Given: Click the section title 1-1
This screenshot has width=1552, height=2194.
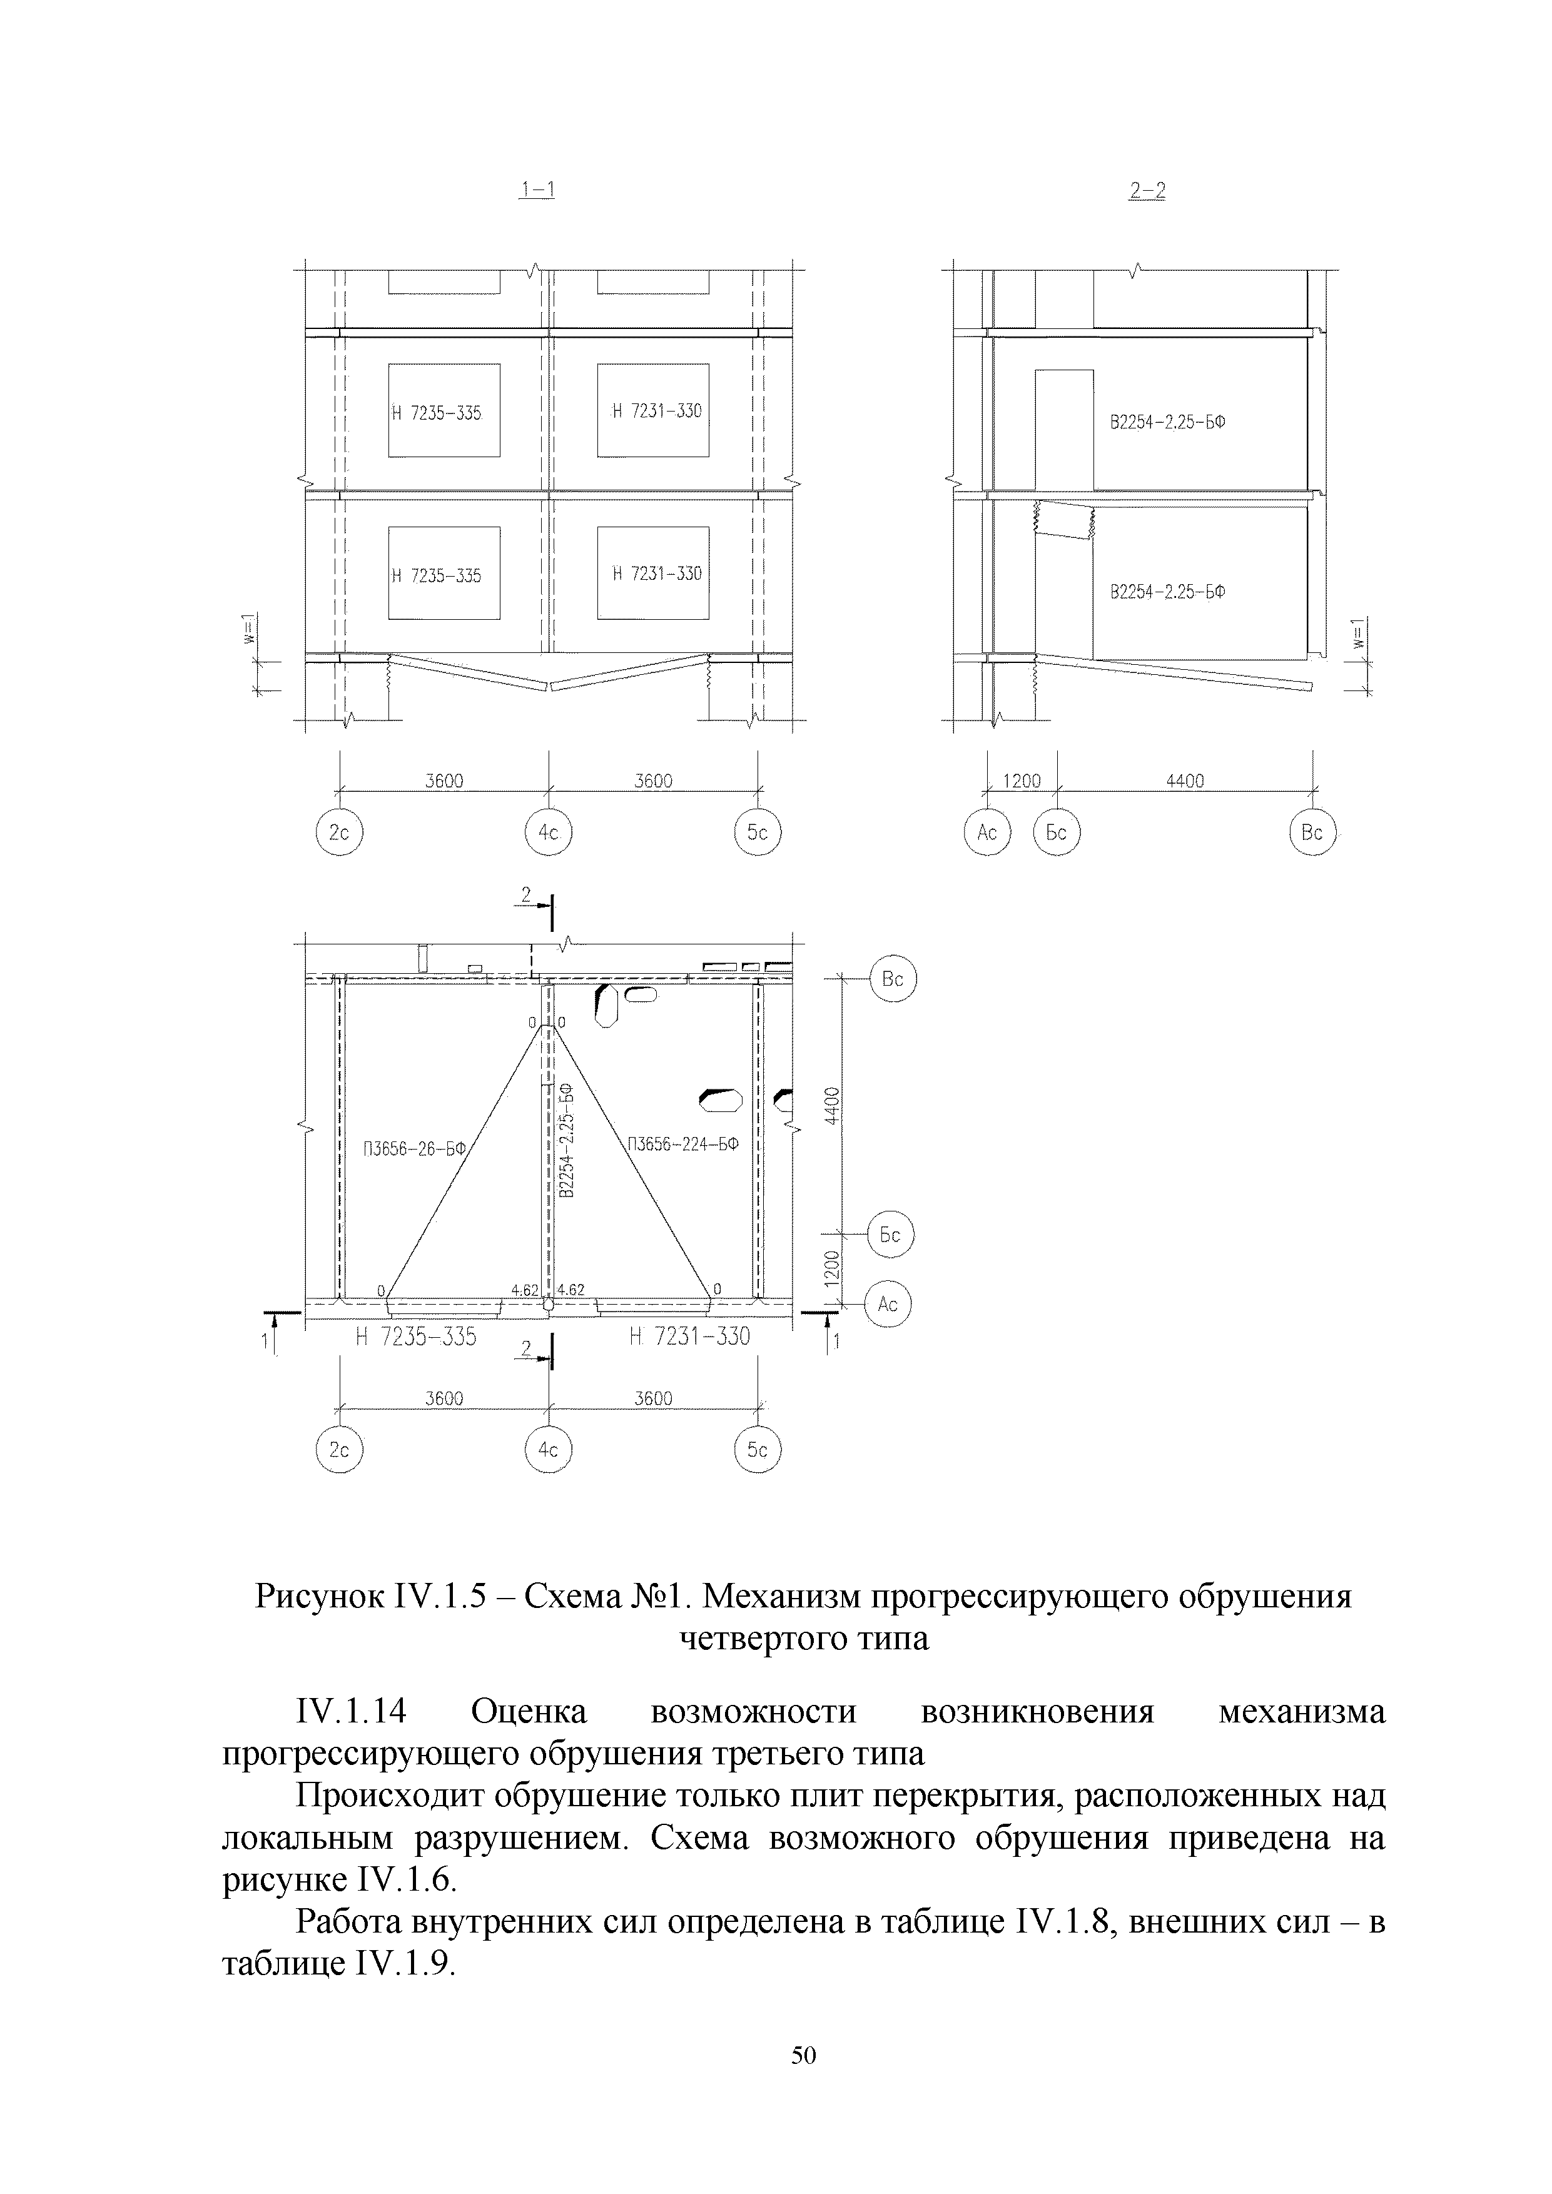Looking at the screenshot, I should (537, 191).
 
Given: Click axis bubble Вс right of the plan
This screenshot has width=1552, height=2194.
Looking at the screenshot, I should (893, 979).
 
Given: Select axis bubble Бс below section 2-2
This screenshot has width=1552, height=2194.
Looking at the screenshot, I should (1056, 832).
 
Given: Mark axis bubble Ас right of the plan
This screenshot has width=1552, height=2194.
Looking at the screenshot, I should (888, 1305).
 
